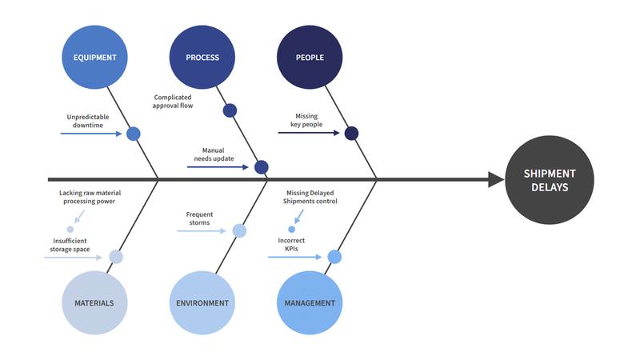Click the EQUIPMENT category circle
tap(94, 58)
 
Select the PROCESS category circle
tap(202, 58)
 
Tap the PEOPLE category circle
tap(309, 58)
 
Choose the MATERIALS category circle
tap(94, 303)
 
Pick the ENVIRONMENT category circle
tap(202, 303)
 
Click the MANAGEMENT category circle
tap(309, 303)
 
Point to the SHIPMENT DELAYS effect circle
tap(549, 180)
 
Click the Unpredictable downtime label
tap(87, 121)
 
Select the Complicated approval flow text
tap(173, 102)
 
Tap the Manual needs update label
tap(214, 154)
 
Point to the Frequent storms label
tap(199, 218)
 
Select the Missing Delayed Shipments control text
tap(310, 198)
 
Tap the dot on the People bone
tap(351, 134)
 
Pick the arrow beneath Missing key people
tap(309, 133)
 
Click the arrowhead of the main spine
tap(496, 180)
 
